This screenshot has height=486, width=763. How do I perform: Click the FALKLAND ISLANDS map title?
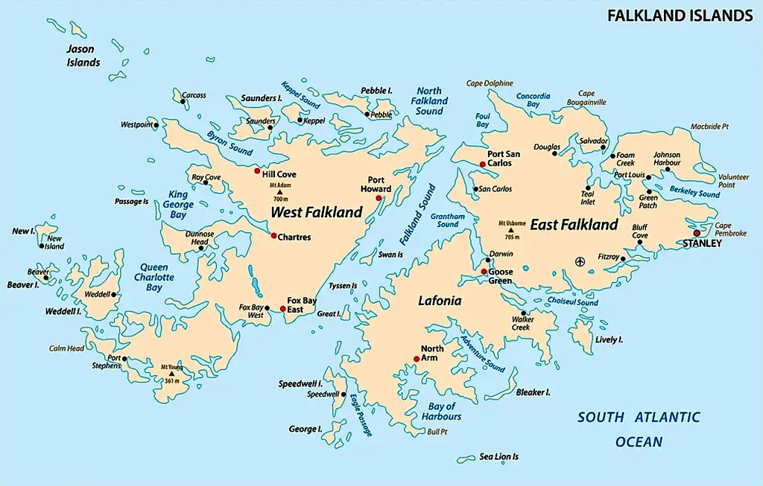click(680, 15)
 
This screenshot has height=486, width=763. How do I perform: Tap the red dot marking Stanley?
click(697, 233)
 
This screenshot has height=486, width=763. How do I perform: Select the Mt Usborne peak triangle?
click(512, 230)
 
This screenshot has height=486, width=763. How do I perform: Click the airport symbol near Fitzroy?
click(580, 260)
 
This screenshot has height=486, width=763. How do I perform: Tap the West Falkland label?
click(316, 212)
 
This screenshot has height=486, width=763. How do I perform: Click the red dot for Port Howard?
click(379, 198)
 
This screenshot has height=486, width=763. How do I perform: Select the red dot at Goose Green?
click(484, 272)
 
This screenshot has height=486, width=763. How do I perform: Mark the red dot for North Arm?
click(417, 359)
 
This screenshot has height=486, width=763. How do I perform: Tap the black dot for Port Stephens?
click(125, 359)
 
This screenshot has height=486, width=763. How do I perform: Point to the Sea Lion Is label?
click(498, 456)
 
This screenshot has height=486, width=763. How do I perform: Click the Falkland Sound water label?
click(417, 214)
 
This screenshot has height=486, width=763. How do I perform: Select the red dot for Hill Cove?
click(258, 170)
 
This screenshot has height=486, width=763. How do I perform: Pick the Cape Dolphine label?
click(490, 83)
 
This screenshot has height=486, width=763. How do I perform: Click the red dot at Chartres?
click(273, 235)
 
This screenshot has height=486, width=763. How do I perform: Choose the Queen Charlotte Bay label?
click(154, 277)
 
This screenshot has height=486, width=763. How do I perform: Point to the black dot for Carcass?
click(183, 102)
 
